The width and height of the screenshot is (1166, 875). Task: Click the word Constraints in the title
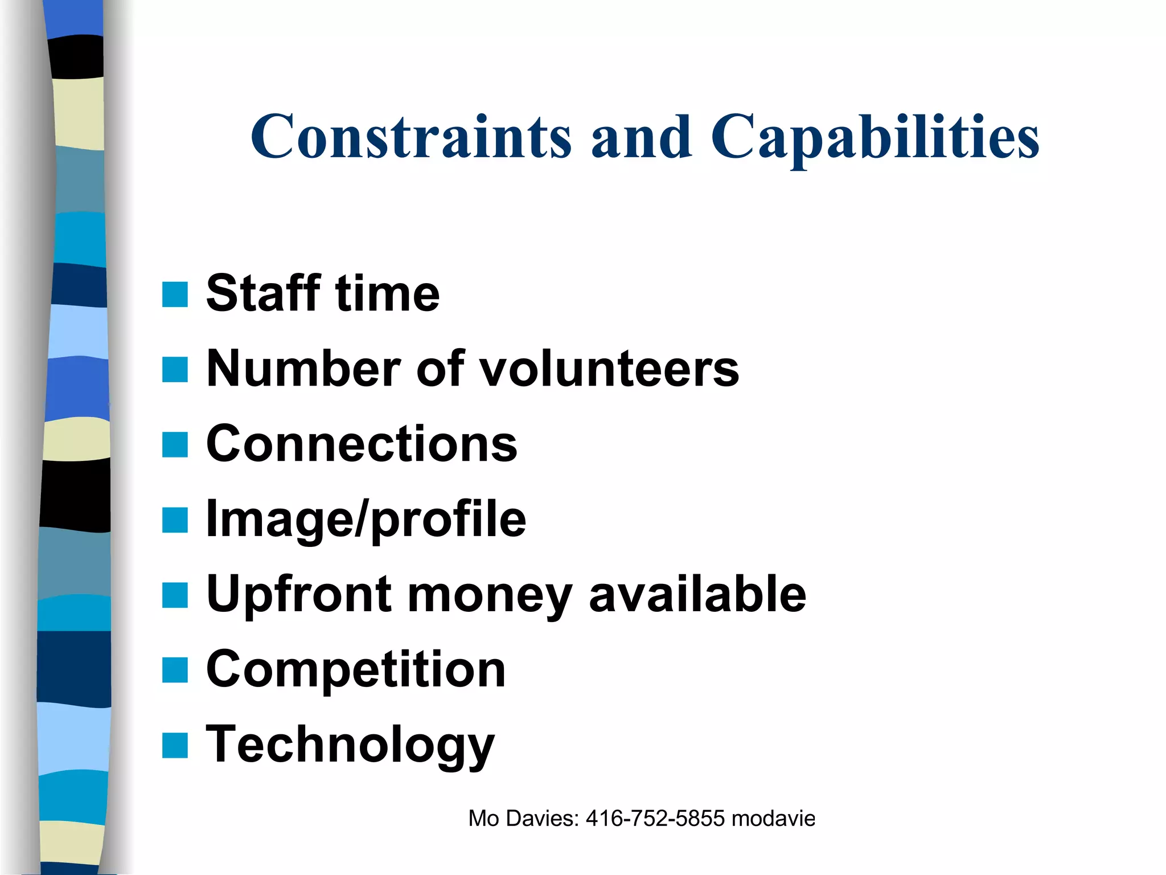pyautogui.click(x=411, y=137)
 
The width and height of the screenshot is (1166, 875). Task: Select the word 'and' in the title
pyautogui.click(x=642, y=137)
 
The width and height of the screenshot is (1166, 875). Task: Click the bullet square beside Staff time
pyautogui.click(x=175, y=295)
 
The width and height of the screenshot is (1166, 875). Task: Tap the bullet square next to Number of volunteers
pyautogui.click(x=175, y=369)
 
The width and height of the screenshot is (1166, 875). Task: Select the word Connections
pyautogui.click(x=362, y=444)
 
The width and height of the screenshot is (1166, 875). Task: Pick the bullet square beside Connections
pyautogui.click(x=175, y=444)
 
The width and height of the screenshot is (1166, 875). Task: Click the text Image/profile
pyautogui.click(x=366, y=520)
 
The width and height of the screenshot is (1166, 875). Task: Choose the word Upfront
pyautogui.click(x=298, y=595)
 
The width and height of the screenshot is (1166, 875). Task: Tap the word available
pyautogui.click(x=697, y=594)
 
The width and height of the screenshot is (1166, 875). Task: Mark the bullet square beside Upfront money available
pyautogui.click(x=175, y=595)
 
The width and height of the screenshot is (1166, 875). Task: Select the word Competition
pyautogui.click(x=356, y=669)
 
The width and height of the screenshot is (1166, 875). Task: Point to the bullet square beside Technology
pyautogui.click(x=175, y=745)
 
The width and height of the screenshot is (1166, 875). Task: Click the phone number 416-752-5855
pyautogui.click(x=655, y=819)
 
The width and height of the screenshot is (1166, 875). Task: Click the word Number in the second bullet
pyautogui.click(x=302, y=369)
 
